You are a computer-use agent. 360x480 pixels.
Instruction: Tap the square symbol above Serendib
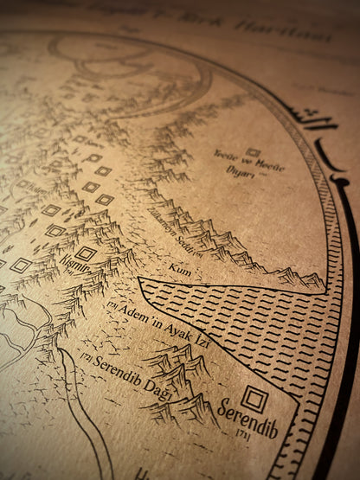255,399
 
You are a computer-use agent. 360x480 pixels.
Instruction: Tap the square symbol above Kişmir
86,253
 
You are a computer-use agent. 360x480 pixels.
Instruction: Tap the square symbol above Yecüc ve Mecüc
253,152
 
